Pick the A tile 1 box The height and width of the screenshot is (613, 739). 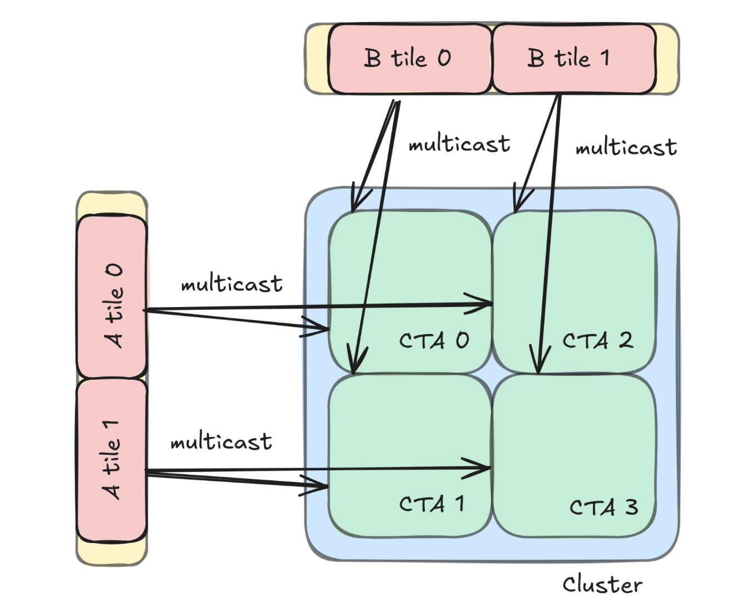click(x=112, y=460)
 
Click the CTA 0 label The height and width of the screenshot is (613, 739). click(x=434, y=340)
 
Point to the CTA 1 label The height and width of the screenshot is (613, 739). click(x=432, y=504)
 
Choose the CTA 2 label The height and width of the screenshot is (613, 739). click(x=597, y=340)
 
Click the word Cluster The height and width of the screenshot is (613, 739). click(x=602, y=585)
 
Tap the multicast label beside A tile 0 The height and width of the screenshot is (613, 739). click(x=232, y=284)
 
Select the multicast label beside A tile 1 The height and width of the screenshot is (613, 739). click(x=221, y=442)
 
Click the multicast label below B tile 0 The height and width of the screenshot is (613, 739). click(x=459, y=144)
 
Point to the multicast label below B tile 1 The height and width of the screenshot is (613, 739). click(x=626, y=148)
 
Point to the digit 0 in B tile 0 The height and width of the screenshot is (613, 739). click(x=444, y=58)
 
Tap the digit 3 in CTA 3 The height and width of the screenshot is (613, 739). click(x=631, y=507)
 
